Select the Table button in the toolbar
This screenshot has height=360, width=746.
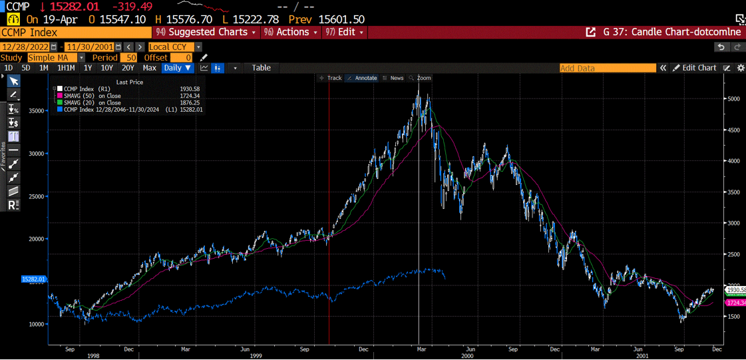click(261, 68)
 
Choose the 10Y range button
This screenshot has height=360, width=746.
click(106, 68)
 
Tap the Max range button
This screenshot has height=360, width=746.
click(149, 68)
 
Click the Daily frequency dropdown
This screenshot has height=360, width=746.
click(177, 68)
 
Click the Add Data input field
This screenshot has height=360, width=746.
click(607, 68)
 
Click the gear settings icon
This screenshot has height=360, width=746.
click(741, 68)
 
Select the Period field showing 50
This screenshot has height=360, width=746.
click(128, 58)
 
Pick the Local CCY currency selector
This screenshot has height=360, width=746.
click(174, 47)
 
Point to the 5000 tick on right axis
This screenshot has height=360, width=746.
click(732, 99)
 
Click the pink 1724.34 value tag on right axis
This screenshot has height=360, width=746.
click(735, 303)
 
